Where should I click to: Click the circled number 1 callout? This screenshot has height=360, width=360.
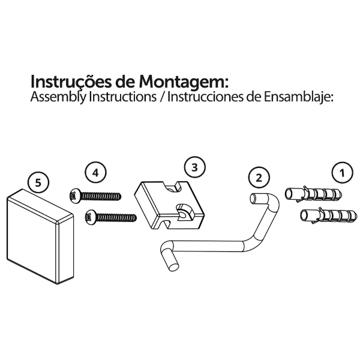click(343, 173)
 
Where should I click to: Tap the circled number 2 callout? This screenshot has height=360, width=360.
click(259, 178)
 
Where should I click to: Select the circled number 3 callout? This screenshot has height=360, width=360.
click(194, 167)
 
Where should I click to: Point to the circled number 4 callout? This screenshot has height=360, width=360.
click(95, 172)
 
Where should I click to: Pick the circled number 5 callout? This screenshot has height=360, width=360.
click(38, 183)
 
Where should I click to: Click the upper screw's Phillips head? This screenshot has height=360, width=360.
click(74, 196)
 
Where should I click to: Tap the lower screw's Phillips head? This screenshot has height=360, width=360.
click(90, 217)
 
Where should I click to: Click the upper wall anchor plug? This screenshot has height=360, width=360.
click(313, 194)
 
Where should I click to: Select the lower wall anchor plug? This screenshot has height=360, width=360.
click(329, 216)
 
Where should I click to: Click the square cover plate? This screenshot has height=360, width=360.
click(40, 236)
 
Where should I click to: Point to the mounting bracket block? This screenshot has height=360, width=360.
click(169, 205)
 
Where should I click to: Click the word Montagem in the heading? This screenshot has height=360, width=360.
click(184, 82)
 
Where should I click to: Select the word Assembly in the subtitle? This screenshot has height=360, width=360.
click(58, 97)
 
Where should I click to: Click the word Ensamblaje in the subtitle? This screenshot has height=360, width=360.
click(298, 97)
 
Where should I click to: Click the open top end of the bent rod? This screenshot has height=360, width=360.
click(254, 198)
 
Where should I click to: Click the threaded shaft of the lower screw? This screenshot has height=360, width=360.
click(116, 217)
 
